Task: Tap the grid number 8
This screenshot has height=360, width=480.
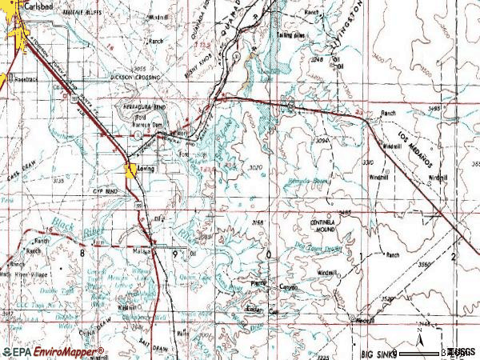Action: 82,252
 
